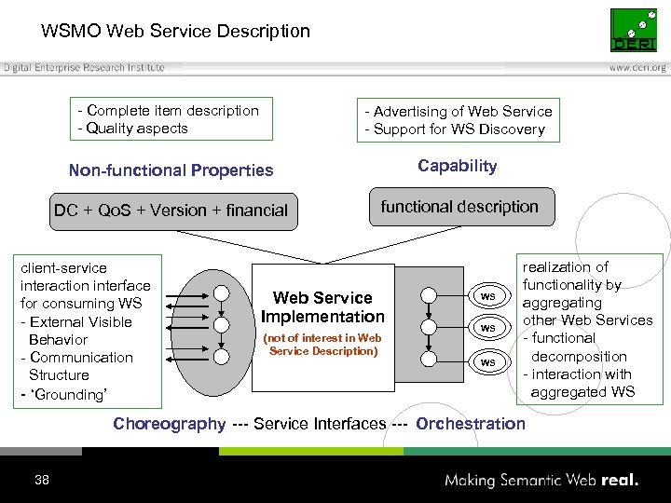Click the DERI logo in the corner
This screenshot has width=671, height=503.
pyautogui.click(x=634, y=31)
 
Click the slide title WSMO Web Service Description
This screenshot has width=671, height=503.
pyautogui.click(x=175, y=32)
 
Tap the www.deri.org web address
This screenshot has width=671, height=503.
pyautogui.click(x=637, y=68)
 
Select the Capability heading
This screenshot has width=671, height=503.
pyautogui.click(x=457, y=166)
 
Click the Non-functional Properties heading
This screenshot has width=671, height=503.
pyautogui.click(x=171, y=170)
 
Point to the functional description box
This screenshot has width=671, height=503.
pyautogui.click(x=459, y=207)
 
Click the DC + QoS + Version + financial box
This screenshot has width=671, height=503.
pyautogui.click(x=171, y=211)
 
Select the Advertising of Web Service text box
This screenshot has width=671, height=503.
pyautogui.click(x=458, y=120)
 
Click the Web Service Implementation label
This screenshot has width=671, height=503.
pyautogui.click(x=322, y=307)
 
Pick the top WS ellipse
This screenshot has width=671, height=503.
pyautogui.click(x=487, y=296)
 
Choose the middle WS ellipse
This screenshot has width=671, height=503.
pyautogui.click(x=487, y=328)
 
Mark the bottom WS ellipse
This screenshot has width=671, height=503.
pyautogui.click(x=487, y=361)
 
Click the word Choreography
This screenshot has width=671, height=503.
pyautogui.click(x=169, y=424)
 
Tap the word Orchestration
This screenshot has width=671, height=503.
pyautogui.click(x=471, y=424)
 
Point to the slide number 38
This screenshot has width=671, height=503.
pyautogui.click(x=41, y=481)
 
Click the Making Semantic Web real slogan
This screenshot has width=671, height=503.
pyautogui.click(x=541, y=481)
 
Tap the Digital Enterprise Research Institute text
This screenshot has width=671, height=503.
pyautogui.click(x=84, y=68)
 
